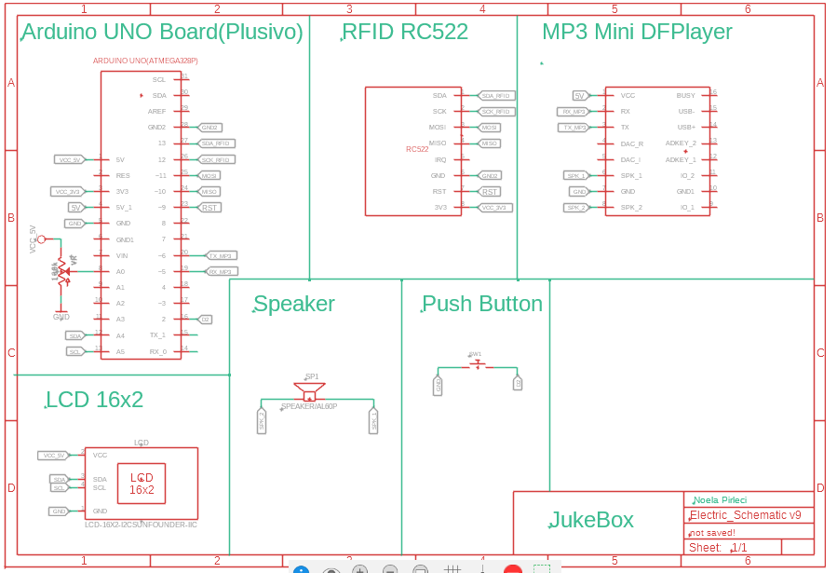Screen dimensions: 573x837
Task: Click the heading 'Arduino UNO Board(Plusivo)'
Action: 162,33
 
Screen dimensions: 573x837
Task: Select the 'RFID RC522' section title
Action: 405,33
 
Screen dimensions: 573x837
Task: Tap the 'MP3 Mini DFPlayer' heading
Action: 637,33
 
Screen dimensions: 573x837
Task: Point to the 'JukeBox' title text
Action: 591,520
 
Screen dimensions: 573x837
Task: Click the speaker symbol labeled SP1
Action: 310,390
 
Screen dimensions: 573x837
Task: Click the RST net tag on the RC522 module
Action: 490,191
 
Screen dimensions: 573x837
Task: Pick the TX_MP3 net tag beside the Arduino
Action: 221,255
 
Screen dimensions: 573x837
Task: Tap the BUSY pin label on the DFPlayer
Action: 685,96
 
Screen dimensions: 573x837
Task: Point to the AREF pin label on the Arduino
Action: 156,111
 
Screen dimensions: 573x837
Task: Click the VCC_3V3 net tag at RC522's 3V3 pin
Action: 494,207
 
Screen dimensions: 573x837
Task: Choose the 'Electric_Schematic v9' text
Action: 745,515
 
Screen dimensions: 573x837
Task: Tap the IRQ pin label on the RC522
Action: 440,159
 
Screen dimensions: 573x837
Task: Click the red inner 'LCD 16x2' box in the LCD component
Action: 142,483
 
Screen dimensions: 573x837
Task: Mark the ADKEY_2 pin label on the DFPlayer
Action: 681,143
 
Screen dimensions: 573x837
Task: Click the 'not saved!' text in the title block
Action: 712,532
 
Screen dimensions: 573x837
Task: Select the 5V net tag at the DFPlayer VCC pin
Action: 579,96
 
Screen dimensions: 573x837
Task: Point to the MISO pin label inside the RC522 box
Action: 437,143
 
